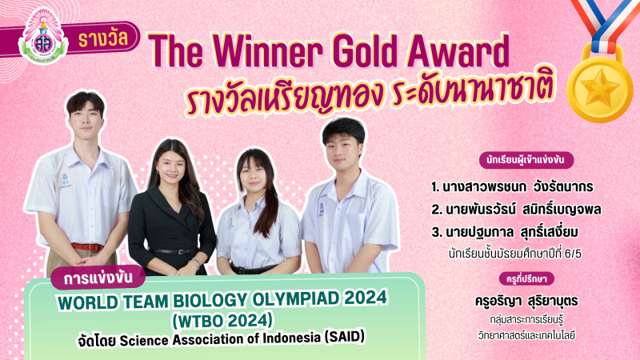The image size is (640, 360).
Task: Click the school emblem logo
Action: tap(43, 38)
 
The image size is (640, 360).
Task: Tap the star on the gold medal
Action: tap(599, 87)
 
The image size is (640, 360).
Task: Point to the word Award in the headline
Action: tap(458, 50)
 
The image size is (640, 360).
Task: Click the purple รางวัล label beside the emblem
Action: tap(103, 39)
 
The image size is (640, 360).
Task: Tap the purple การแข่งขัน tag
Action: tap(98, 278)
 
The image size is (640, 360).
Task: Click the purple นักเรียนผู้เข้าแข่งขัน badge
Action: tap(526, 160)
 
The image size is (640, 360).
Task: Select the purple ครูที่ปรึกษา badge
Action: tap(526, 278)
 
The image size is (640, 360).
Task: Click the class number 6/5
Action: tap(573, 254)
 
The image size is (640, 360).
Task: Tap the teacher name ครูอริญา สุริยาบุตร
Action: tap(526, 302)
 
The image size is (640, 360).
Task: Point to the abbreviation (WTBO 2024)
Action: tap(222, 321)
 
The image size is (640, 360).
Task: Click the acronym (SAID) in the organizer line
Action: tap(345, 337)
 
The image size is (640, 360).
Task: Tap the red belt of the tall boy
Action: tap(86, 247)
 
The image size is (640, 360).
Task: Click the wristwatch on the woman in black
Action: tap(197, 262)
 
